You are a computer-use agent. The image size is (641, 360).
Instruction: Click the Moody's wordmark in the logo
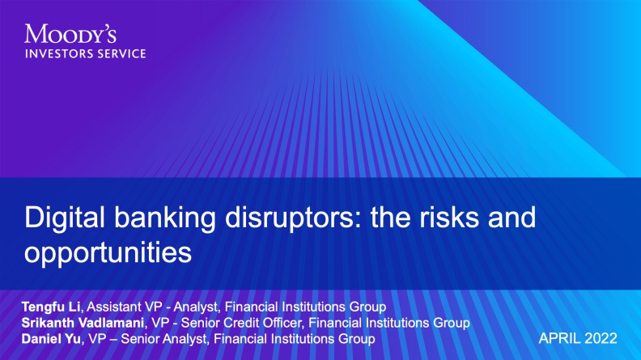tap(70, 35)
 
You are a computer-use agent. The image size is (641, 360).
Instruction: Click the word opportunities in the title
tap(108, 252)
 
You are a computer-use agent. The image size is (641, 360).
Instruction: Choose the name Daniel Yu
tap(51, 337)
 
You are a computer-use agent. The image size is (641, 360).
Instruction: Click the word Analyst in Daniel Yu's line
tap(194, 337)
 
